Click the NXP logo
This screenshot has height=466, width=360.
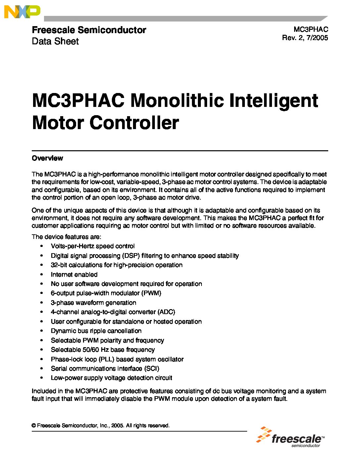click(22, 12)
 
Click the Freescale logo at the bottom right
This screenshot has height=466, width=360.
click(291, 437)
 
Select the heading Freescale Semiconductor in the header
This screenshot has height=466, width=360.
click(89, 30)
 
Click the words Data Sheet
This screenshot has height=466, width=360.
click(55, 41)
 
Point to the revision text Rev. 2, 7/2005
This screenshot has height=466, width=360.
click(305, 38)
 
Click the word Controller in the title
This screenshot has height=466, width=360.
click(134, 123)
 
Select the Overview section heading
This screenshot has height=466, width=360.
click(47, 158)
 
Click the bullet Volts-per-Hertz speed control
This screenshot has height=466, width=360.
click(93, 246)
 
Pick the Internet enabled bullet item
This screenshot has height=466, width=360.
click(74, 274)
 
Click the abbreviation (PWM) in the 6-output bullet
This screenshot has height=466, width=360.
click(151, 293)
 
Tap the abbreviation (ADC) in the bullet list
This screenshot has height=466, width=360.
click(166, 312)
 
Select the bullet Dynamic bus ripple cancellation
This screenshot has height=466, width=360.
click(96, 331)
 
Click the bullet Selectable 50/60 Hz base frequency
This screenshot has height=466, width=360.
click(103, 350)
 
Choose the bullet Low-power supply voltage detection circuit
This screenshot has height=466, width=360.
click(112, 378)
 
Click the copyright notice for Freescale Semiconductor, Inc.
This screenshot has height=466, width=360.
click(101, 426)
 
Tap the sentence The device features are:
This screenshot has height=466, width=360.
click(67, 237)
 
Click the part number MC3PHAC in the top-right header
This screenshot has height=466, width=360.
click(311, 30)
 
